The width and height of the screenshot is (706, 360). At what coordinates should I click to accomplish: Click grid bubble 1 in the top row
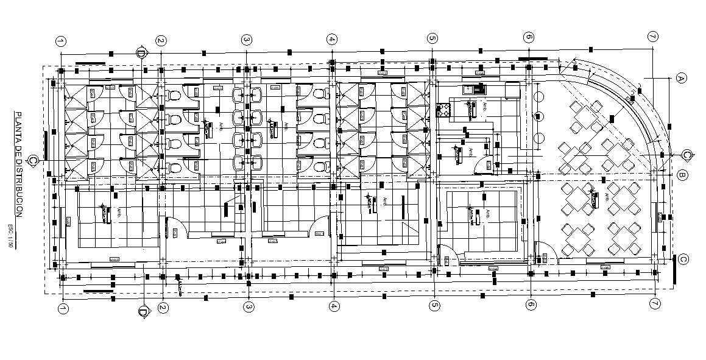coord(61,41)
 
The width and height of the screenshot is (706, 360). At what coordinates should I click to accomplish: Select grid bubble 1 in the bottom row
coord(63,308)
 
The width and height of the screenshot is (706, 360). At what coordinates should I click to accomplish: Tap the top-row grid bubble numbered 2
coord(161,41)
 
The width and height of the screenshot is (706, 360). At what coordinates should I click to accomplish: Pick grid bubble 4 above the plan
coord(331,40)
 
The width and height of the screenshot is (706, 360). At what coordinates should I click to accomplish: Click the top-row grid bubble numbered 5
coord(432,38)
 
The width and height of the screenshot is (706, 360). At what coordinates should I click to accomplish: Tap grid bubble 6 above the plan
coord(528,37)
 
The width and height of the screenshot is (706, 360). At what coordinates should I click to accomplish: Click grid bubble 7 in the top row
coord(652,37)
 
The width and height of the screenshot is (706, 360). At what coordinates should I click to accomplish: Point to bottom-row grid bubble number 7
coord(655,303)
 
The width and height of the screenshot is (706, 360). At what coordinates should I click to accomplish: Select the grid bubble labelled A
coord(682,78)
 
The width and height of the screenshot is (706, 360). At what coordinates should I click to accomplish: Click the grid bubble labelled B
coord(682,175)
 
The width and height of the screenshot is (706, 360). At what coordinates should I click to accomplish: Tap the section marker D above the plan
coord(141,52)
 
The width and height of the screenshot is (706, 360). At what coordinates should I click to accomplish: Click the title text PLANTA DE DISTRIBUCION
coord(19,164)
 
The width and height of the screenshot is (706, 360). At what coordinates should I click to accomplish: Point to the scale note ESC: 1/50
coord(10,235)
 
